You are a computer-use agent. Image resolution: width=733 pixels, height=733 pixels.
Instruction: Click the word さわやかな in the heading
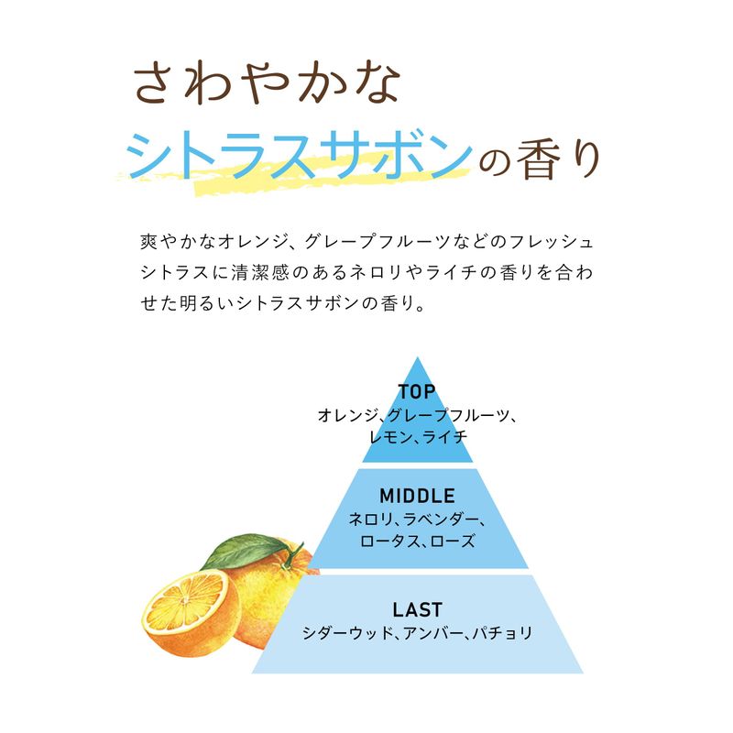click(x=267, y=82)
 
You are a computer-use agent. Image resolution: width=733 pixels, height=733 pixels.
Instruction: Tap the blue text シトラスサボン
click(x=300, y=156)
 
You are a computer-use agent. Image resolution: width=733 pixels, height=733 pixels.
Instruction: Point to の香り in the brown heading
click(x=539, y=159)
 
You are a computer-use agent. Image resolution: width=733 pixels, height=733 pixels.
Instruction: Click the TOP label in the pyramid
click(x=417, y=392)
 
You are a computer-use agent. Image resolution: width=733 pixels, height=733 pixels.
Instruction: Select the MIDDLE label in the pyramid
click(x=417, y=496)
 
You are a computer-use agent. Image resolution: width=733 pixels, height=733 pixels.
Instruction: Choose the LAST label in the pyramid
click(x=417, y=609)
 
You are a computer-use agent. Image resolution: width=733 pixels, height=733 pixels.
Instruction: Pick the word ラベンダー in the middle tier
click(x=441, y=519)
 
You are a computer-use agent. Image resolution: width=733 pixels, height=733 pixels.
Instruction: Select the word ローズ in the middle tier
click(x=453, y=541)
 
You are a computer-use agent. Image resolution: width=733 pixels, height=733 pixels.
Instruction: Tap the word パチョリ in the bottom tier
click(x=502, y=633)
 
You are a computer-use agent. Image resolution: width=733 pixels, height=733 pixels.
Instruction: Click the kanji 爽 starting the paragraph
click(x=148, y=242)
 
